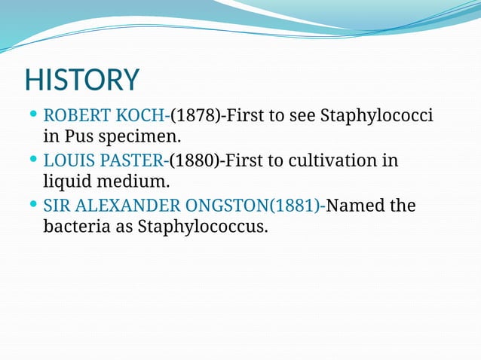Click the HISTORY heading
pyautogui.click(x=82, y=80)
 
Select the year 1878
pyautogui.click(x=195, y=117)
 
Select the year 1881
pyautogui.click(x=296, y=205)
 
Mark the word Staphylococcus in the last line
pyautogui.click(x=202, y=226)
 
